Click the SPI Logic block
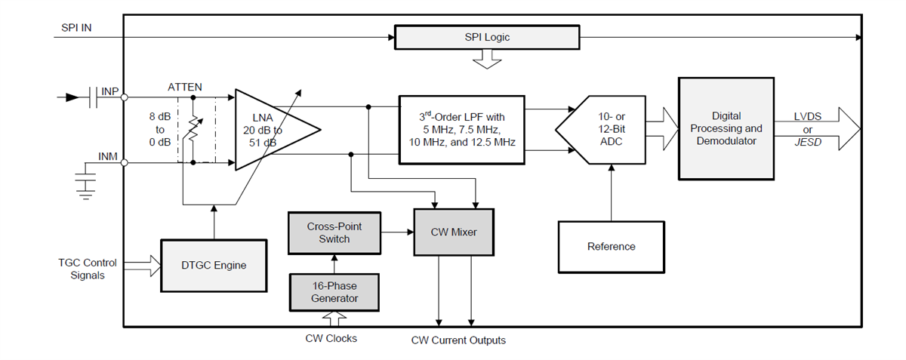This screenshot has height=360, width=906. (x=487, y=37)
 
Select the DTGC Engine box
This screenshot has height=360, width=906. (x=214, y=265)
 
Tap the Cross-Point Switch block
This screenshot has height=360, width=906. (x=334, y=232)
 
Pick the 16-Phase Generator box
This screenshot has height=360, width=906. (x=334, y=292)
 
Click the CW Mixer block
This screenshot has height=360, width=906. (x=453, y=232)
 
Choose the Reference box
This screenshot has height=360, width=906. (x=611, y=247)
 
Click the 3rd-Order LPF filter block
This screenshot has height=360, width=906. (x=461, y=129)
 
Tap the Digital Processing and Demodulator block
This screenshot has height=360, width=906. (x=726, y=128)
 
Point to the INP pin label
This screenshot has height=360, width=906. (x=110, y=91)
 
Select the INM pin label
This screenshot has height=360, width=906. (x=109, y=156)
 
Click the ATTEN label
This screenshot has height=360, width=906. (x=185, y=87)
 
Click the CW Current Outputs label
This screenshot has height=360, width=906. (x=458, y=340)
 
